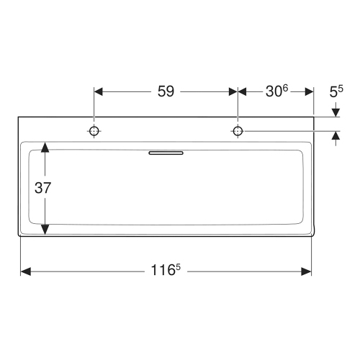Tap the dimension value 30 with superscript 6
pos(274,91)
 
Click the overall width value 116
pos(161,271)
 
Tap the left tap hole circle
pos(94,131)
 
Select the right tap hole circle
pos(238,131)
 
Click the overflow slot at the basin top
pos(166,153)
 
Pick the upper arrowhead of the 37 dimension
pos(45,147)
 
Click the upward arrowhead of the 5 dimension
pos(336,137)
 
